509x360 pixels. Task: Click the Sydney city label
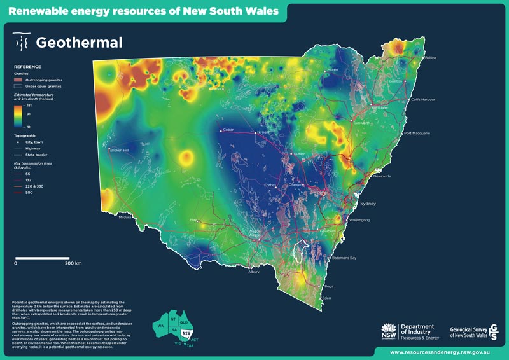(369, 204)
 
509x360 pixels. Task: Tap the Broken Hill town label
(120, 151)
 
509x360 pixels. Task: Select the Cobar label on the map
(228, 130)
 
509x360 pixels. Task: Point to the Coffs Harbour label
(424, 100)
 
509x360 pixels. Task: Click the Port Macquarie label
(417, 134)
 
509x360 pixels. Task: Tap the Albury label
(254, 272)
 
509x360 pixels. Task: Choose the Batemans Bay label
(345, 258)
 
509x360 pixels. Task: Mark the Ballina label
(431, 58)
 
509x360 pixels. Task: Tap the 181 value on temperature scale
(29, 104)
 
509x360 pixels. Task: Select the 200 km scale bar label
(74, 262)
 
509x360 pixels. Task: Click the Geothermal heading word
(79, 43)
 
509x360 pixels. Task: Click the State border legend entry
(36, 154)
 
